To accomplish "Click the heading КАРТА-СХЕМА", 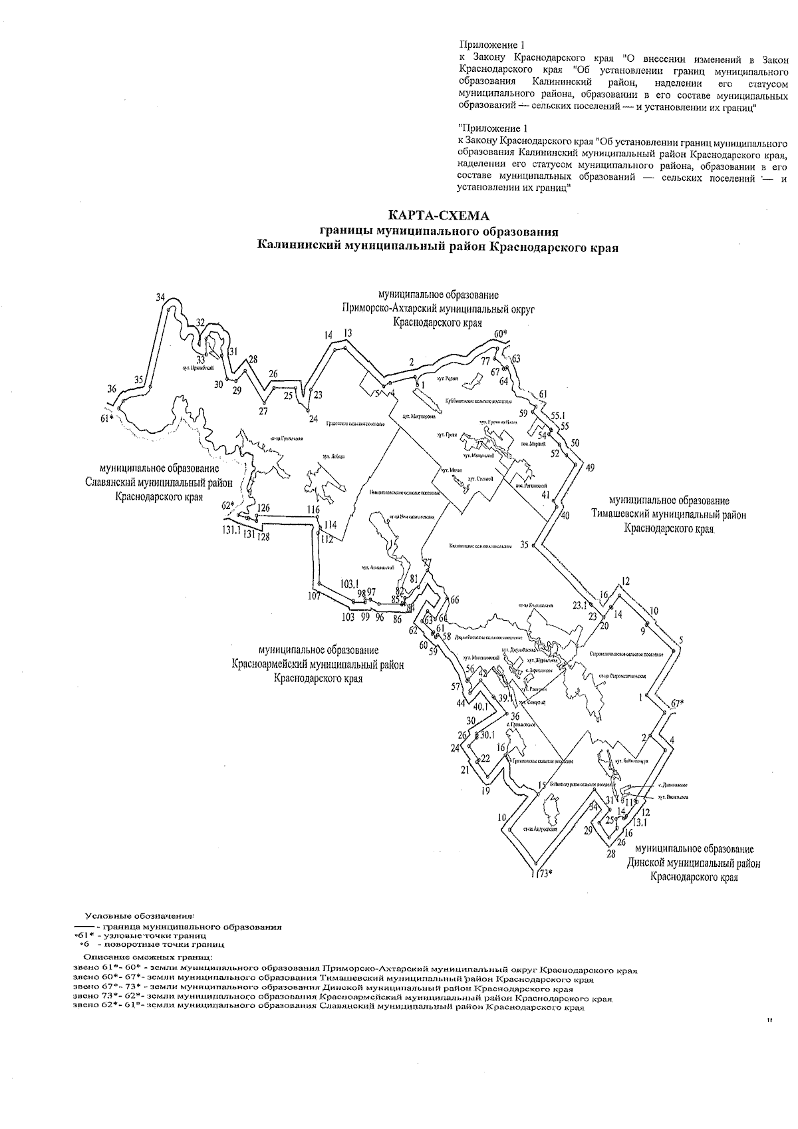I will click(438, 216).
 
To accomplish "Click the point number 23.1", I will click(581, 605).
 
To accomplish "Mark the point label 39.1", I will click(505, 698).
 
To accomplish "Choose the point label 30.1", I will click(488, 735).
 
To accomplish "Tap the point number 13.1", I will click(640, 823).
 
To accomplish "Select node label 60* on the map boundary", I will click(501, 333).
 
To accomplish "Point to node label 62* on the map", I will click(228, 505).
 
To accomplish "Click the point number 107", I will click(315, 596).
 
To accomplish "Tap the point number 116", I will click(314, 510).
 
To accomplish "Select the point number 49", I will click(590, 467).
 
